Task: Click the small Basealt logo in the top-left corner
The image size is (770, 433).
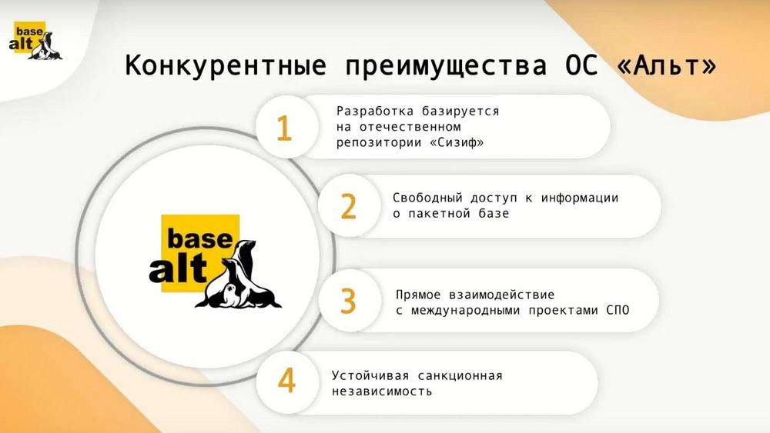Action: pos(35,42)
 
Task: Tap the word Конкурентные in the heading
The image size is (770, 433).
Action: pos(226,65)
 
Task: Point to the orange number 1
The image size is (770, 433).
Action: pos(284,128)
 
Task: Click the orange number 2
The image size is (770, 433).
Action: pos(348,206)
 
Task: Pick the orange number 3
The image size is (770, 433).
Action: pos(348,301)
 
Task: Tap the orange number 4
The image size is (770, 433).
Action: pos(286,380)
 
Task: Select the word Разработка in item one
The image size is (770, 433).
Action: pos(375,112)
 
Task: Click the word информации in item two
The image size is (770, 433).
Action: pos(580,198)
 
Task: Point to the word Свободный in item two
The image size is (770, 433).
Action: pos(427,198)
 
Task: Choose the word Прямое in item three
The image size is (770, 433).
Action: pos(418,295)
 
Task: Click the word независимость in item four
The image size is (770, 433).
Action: pos(382,391)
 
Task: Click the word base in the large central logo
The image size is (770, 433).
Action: pos(200,238)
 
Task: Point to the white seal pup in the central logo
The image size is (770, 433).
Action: pos(229,295)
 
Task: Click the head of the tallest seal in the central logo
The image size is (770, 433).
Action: pos(246,245)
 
